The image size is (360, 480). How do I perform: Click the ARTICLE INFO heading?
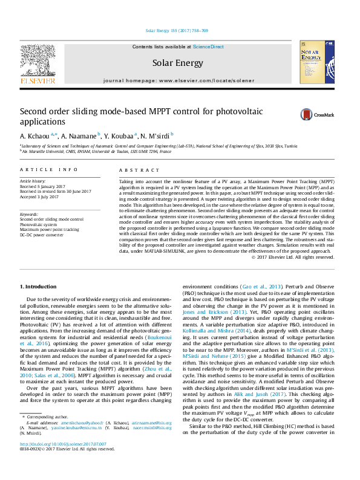[48, 170]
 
